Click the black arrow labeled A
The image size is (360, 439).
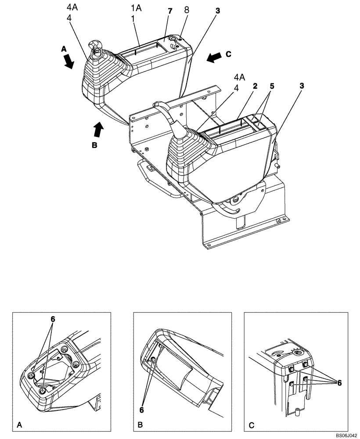(x=68, y=61)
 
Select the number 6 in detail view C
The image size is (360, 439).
(x=339, y=383)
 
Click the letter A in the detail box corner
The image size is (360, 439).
(x=19, y=425)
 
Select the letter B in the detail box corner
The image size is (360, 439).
(x=140, y=425)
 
